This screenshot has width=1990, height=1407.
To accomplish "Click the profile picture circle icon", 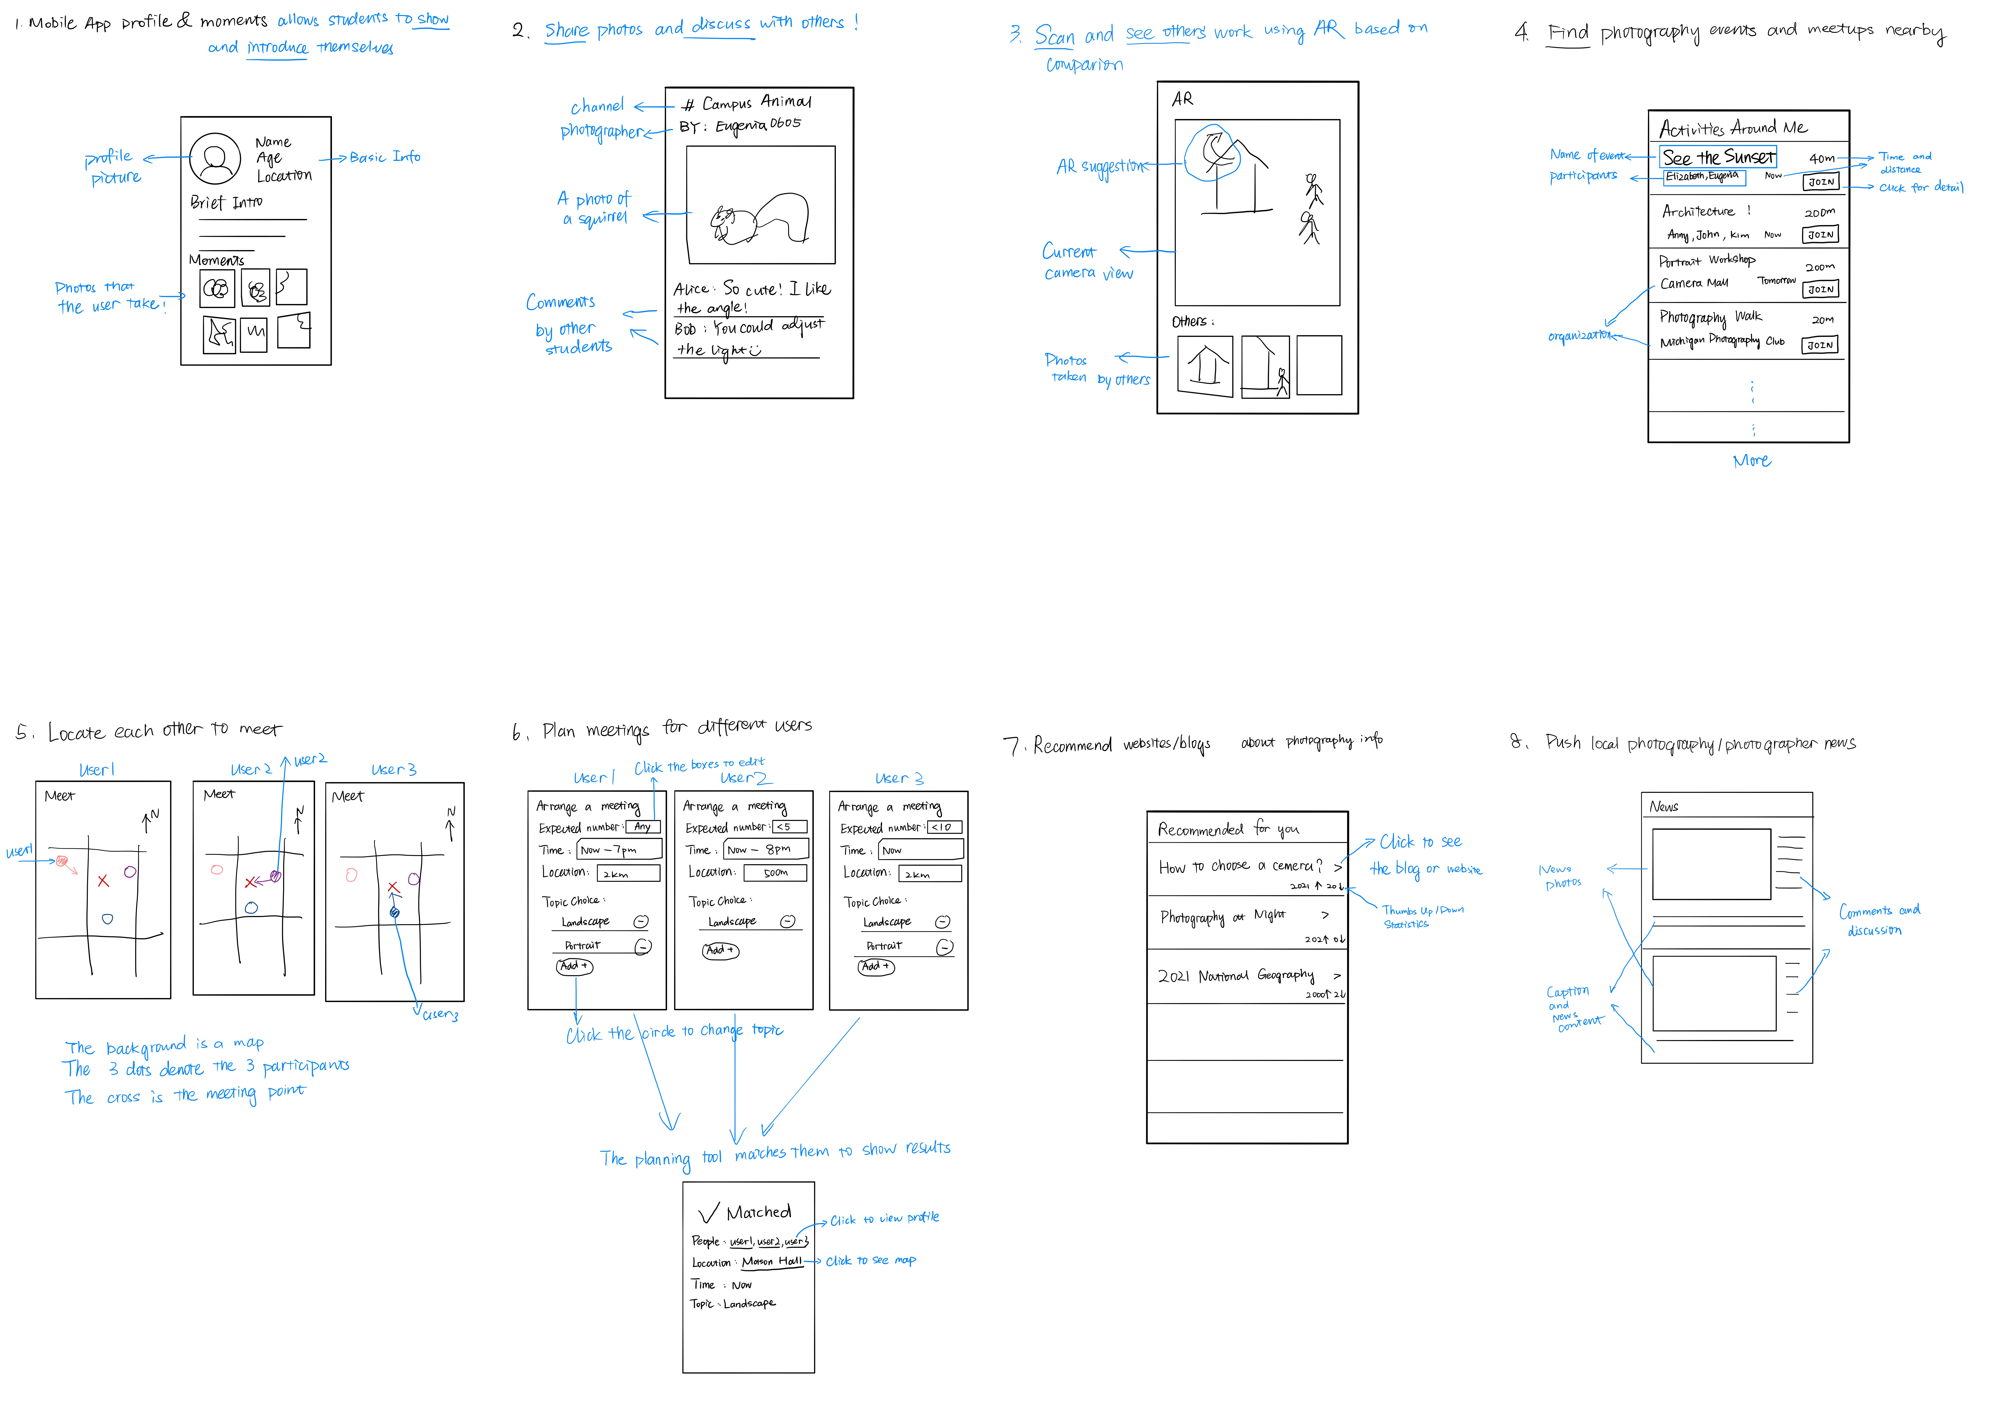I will point(215,158).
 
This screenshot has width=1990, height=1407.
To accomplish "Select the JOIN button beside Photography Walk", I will point(1820,345).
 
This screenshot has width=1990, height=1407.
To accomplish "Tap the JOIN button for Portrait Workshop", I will point(1820,289).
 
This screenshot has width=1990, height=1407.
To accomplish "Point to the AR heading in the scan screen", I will point(1182,100).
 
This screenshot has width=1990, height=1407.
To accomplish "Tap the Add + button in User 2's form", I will point(720,950).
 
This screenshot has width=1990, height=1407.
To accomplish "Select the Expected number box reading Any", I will point(642,827).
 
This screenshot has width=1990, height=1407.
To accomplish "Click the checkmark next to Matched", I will point(708,1213).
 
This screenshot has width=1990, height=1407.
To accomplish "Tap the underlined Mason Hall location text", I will point(771,1262).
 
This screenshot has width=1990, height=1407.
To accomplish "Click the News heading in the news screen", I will point(1663,807).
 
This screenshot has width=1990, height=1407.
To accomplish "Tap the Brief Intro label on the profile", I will point(226,203).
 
